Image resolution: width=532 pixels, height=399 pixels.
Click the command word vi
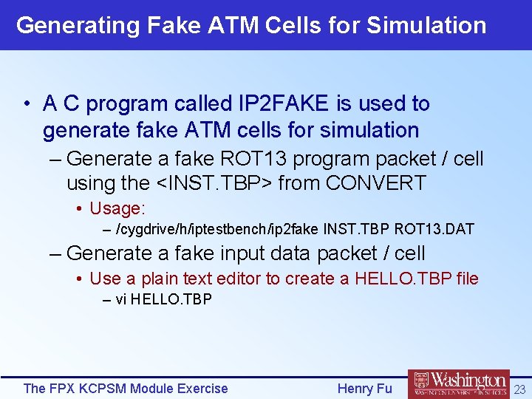tap(121, 299)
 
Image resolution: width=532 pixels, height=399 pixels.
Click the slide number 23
tap(519, 389)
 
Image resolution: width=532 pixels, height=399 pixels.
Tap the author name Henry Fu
tap(364, 389)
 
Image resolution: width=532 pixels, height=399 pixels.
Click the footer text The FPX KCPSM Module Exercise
tap(126, 389)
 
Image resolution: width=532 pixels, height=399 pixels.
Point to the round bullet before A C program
tap(26, 104)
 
